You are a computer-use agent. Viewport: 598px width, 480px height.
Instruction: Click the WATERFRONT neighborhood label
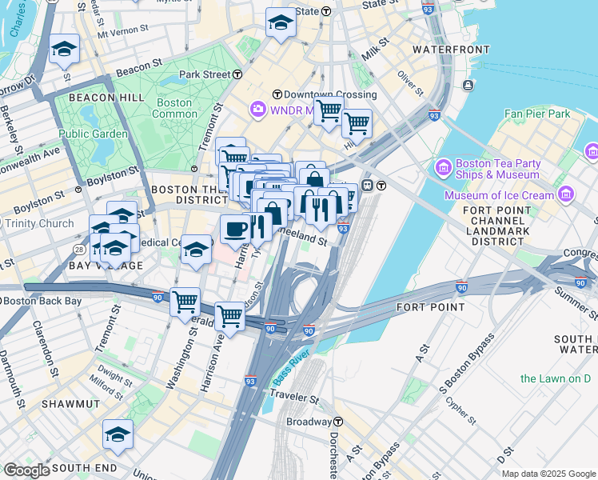point(451,50)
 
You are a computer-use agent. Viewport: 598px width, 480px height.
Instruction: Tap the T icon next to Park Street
point(238,74)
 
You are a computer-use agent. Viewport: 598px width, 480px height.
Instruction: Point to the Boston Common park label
point(174,108)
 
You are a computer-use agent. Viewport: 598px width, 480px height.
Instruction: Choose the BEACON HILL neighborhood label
point(106,97)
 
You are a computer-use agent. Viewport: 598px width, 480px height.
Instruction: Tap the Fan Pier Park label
point(537,114)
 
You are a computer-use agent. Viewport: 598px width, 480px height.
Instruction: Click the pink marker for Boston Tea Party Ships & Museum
point(442,168)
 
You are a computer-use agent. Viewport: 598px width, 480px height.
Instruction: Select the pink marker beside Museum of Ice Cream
point(566,194)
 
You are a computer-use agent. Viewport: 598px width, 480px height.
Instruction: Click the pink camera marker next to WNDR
point(257,108)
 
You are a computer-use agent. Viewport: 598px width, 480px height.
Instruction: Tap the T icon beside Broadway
point(338,422)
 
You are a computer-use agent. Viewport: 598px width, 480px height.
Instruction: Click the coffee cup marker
point(235,228)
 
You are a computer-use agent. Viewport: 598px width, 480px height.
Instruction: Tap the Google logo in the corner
point(26,470)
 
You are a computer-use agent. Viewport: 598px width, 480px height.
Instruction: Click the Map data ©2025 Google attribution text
point(548,474)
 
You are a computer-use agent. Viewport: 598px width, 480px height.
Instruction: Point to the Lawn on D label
point(560,378)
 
